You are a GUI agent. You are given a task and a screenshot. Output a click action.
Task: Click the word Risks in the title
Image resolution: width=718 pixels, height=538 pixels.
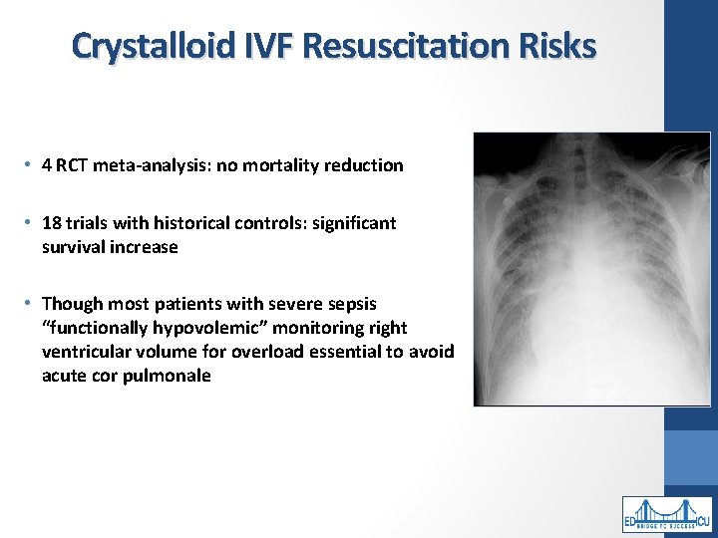[x=561, y=46]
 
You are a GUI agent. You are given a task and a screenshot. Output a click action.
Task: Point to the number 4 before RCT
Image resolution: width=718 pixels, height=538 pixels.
[x=47, y=166]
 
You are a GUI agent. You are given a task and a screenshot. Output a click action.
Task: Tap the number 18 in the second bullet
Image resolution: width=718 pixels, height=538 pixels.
[x=52, y=223]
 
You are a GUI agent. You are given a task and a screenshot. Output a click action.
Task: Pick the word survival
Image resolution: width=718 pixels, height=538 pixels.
[x=76, y=247]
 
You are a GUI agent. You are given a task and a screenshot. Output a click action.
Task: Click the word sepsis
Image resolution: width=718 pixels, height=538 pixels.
[x=352, y=304]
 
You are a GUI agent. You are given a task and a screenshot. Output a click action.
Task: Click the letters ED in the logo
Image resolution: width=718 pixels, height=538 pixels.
[x=631, y=520]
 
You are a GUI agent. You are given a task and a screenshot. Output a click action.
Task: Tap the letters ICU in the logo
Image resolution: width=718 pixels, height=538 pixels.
[x=702, y=520]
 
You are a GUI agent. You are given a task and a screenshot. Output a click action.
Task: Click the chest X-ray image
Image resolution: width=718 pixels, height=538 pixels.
[x=591, y=269]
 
